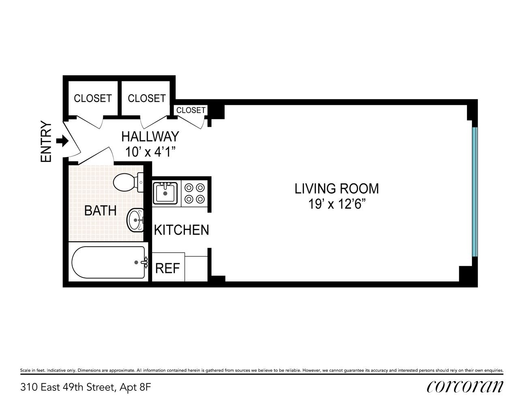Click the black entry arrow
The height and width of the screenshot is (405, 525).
pos(62,141)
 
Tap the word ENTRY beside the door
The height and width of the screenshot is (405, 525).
pos(46,141)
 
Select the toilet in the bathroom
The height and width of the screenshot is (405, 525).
pos(128,182)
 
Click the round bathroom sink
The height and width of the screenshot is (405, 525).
pos(135,220)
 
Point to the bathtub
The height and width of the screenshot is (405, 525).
pos(109,262)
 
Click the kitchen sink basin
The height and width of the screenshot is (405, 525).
pos(165,192)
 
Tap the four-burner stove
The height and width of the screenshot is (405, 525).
pos(195,193)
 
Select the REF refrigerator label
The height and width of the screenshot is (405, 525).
pos(167,268)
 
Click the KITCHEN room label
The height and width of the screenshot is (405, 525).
pos(182,230)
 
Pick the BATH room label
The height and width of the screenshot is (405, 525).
pos(101,211)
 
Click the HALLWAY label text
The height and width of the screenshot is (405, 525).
pos(150,136)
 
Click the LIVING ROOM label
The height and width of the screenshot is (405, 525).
pos(336,189)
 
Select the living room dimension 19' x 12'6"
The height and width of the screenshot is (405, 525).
pos(336,204)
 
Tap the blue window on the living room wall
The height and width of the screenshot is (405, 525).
pos(475,192)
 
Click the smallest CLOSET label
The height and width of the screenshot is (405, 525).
pos(191,110)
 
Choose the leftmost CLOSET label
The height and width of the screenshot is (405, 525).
pos(93,98)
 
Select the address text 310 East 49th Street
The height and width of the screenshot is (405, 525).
pos(67,387)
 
